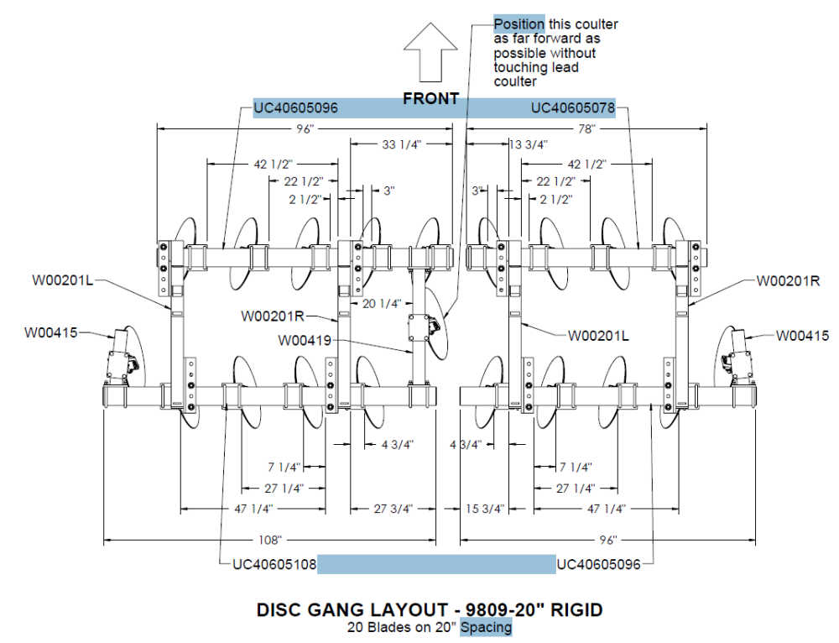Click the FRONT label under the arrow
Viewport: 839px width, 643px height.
pyautogui.click(x=430, y=98)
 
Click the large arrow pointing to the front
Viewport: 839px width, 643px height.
pyautogui.click(x=430, y=52)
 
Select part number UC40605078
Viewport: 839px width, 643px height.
pyautogui.click(x=572, y=108)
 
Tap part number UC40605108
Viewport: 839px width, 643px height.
pyautogui.click(x=274, y=564)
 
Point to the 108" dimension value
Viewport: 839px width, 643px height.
pyautogui.click(x=269, y=540)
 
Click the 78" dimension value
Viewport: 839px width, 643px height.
pyautogui.click(x=586, y=129)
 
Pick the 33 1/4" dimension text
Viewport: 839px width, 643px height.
pyautogui.click(x=401, y=144)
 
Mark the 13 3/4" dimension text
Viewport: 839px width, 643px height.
pyautogui.click(x=528, y=144)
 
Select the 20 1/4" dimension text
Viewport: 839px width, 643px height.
pyautogui.click(x=382, y=304)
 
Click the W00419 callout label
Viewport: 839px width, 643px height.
pyautogui.click(x=305, y=340)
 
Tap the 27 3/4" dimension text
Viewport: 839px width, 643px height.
pyautogui.click(x=393, y=509)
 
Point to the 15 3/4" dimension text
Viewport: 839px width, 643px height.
pyautogui.click(x=485, y=509)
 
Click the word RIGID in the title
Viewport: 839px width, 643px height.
pyautogui.click(x=577, y=609)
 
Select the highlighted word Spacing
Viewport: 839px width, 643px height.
pyautogui.click(x=486, y=627)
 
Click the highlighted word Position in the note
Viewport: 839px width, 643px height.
pyautogui.click(x=519, y=24)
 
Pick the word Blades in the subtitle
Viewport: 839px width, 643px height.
pyautogui.click(x=385, y=627)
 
